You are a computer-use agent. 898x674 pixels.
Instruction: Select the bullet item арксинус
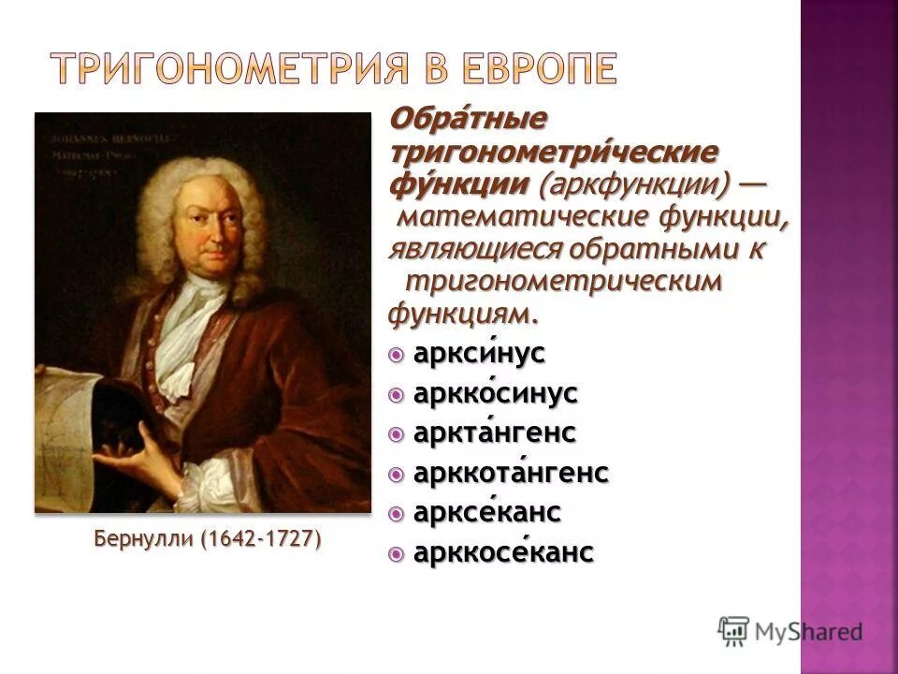pyautogui.click(x=478, y=355)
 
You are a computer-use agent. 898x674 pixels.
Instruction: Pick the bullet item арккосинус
pyautogui.click(x=495, y=394)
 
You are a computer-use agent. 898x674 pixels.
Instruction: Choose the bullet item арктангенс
pyautogui.click(x=494, y=434)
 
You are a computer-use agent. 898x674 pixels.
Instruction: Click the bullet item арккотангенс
pyautogui.click(x=510, y=474)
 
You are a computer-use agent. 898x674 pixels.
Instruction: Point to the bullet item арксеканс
pyautogui.click(x=486, y=513)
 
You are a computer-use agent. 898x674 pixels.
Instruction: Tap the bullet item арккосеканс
pyautogui.click(x=502, y=553)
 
